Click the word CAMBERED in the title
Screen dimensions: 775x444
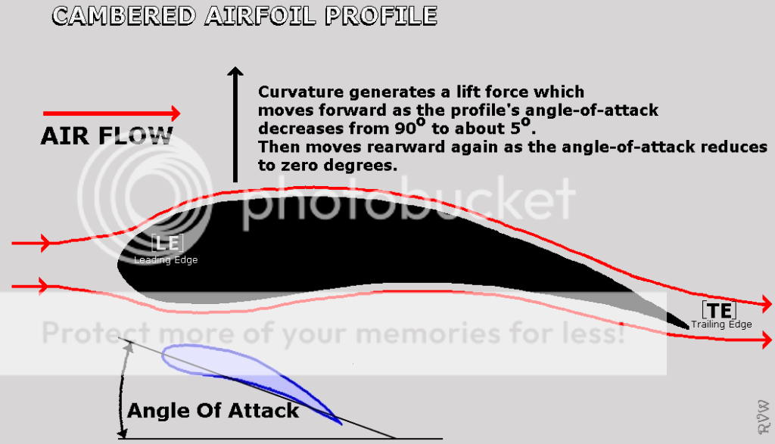point(124,16)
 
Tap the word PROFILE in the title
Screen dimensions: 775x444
point(381,16)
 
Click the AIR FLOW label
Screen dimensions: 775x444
point(107,136)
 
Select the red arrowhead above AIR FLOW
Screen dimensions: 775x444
point(175,113)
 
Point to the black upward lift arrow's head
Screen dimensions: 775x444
point(235,72)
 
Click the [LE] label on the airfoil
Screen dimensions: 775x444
point(167,243)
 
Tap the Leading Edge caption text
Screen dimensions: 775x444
point(166,259)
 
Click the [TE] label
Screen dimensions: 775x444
point(719,311)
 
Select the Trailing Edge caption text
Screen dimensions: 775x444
point(721,324)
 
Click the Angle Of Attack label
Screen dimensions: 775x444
point(213,411)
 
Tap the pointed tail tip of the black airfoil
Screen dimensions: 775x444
point(688,328)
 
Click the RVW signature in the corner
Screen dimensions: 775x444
point(764,418)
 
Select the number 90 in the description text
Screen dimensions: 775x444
point(405,129)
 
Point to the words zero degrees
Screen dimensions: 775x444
point(339,166)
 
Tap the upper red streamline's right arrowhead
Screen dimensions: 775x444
point(766,305)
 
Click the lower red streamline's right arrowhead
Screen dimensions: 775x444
point(766,340)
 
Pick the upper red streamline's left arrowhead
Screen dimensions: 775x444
point(45,243)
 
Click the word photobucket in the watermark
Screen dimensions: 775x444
point(408,203)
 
